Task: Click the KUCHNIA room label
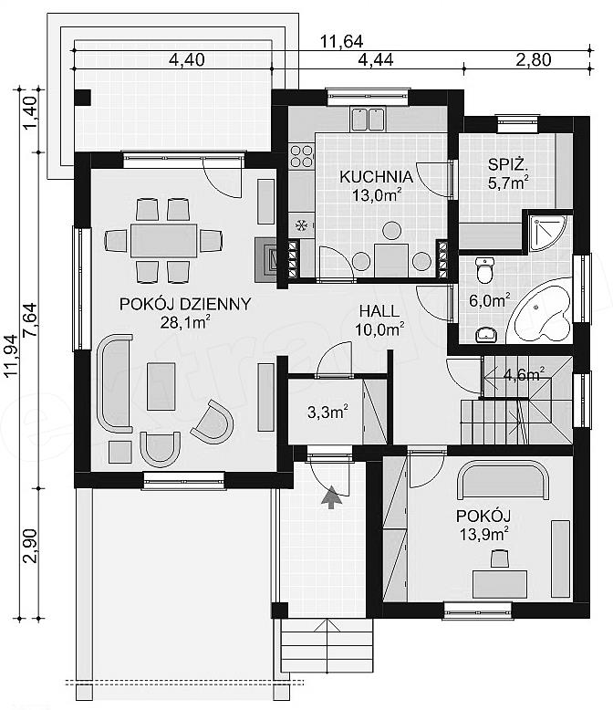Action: click(376, 177)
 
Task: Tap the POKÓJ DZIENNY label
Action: click(185, 304)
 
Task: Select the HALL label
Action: click(379, 311)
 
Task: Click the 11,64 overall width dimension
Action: click(342, 42)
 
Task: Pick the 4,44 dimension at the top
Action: click(375, 59)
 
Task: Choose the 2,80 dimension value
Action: click(534, 59)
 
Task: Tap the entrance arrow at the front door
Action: click(331, 497)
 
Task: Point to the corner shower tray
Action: click(546, 233)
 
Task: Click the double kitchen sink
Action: click(369, 119)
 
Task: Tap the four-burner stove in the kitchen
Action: click(302, 155)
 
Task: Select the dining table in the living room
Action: click(164, 240)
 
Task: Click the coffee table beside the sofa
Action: click(161, 386)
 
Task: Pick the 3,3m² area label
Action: click(327, 412)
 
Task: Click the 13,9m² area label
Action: click(483, 534)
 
